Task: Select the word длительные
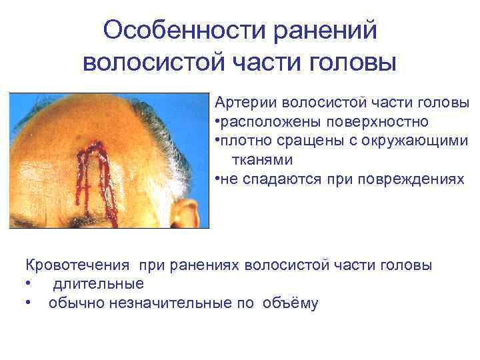[98, 284]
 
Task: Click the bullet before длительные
[28, 285]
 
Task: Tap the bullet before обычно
[28, 304]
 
